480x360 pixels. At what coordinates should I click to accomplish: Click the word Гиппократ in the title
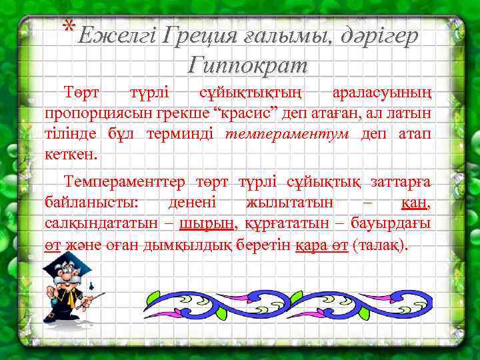(248, 65)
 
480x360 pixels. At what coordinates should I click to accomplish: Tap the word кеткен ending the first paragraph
(71, 155)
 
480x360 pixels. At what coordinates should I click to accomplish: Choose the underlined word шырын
(207, 223)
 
